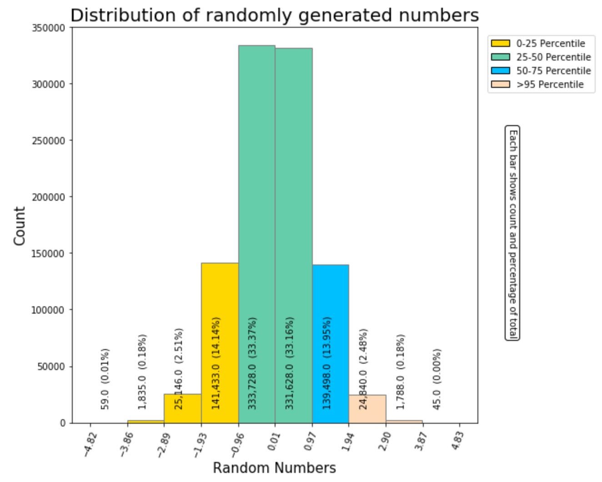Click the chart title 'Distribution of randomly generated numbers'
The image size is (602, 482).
[x=274, y=15]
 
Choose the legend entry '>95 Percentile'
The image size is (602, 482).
[x=549, y=85]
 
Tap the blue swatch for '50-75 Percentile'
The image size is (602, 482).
[x=500, y=71]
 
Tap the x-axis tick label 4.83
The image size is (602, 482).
[x=458, y=441]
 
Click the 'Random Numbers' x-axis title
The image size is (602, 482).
[x=274, y=468]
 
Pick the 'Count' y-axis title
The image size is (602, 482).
[x=20, y=226]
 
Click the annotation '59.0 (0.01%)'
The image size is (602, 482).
[x=105, y=379]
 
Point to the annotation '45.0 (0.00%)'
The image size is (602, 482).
[x=437, y=379]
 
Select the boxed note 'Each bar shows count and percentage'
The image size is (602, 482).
[x=512, y=233]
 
